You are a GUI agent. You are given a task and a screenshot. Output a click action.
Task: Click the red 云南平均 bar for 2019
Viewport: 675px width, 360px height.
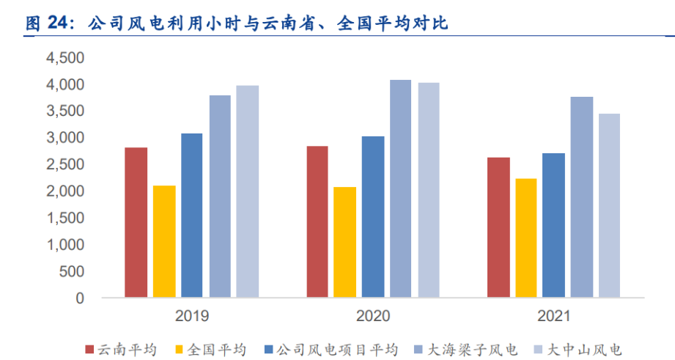coord(136,223)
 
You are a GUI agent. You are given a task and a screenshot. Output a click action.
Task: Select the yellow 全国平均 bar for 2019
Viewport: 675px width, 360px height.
coord(164,242)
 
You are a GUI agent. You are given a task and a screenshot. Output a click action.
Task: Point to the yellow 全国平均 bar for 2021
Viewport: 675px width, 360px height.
coord(525,238)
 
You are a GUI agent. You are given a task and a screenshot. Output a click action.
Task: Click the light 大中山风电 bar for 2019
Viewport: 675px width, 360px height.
coord(248,191)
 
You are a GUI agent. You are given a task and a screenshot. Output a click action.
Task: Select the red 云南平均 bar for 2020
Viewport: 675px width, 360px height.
coord(317,222)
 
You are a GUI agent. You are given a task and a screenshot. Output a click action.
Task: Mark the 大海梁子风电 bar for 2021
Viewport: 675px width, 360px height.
coord(582,197)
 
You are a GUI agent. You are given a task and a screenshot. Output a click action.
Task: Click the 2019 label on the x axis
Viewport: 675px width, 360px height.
coord(192,317)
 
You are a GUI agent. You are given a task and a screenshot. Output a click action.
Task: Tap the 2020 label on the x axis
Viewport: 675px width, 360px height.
coord(374,317)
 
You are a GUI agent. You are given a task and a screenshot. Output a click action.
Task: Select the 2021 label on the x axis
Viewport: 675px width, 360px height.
coord(554,317)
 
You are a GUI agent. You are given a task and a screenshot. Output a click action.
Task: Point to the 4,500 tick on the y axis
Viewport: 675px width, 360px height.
coord(65,58)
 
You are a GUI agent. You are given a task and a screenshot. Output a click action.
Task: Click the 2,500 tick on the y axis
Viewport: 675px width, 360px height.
coord(65,165)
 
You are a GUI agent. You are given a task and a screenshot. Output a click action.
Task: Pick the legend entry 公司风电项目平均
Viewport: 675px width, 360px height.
coord(336,349)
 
